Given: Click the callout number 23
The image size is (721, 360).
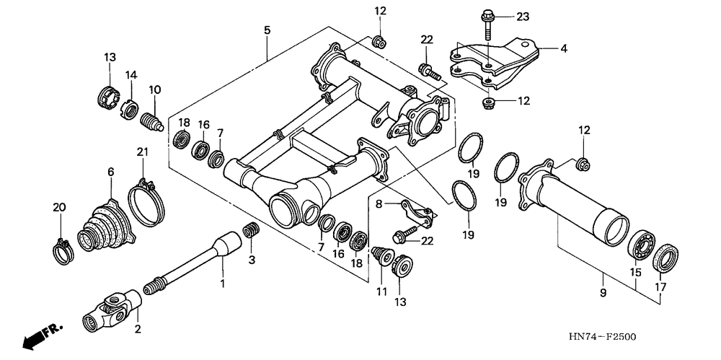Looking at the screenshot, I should [523, 16].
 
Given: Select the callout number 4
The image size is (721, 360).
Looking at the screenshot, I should [565, 50].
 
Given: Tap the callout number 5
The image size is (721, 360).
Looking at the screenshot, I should [267, 30].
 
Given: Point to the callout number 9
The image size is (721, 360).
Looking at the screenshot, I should [603, 293].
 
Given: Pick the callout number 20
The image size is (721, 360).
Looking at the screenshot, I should [59, 208].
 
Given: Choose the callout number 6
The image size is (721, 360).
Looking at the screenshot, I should [110, 172].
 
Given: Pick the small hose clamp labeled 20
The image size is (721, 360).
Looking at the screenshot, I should [62, 249].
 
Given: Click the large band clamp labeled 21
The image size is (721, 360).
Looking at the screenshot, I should [148, 196].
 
